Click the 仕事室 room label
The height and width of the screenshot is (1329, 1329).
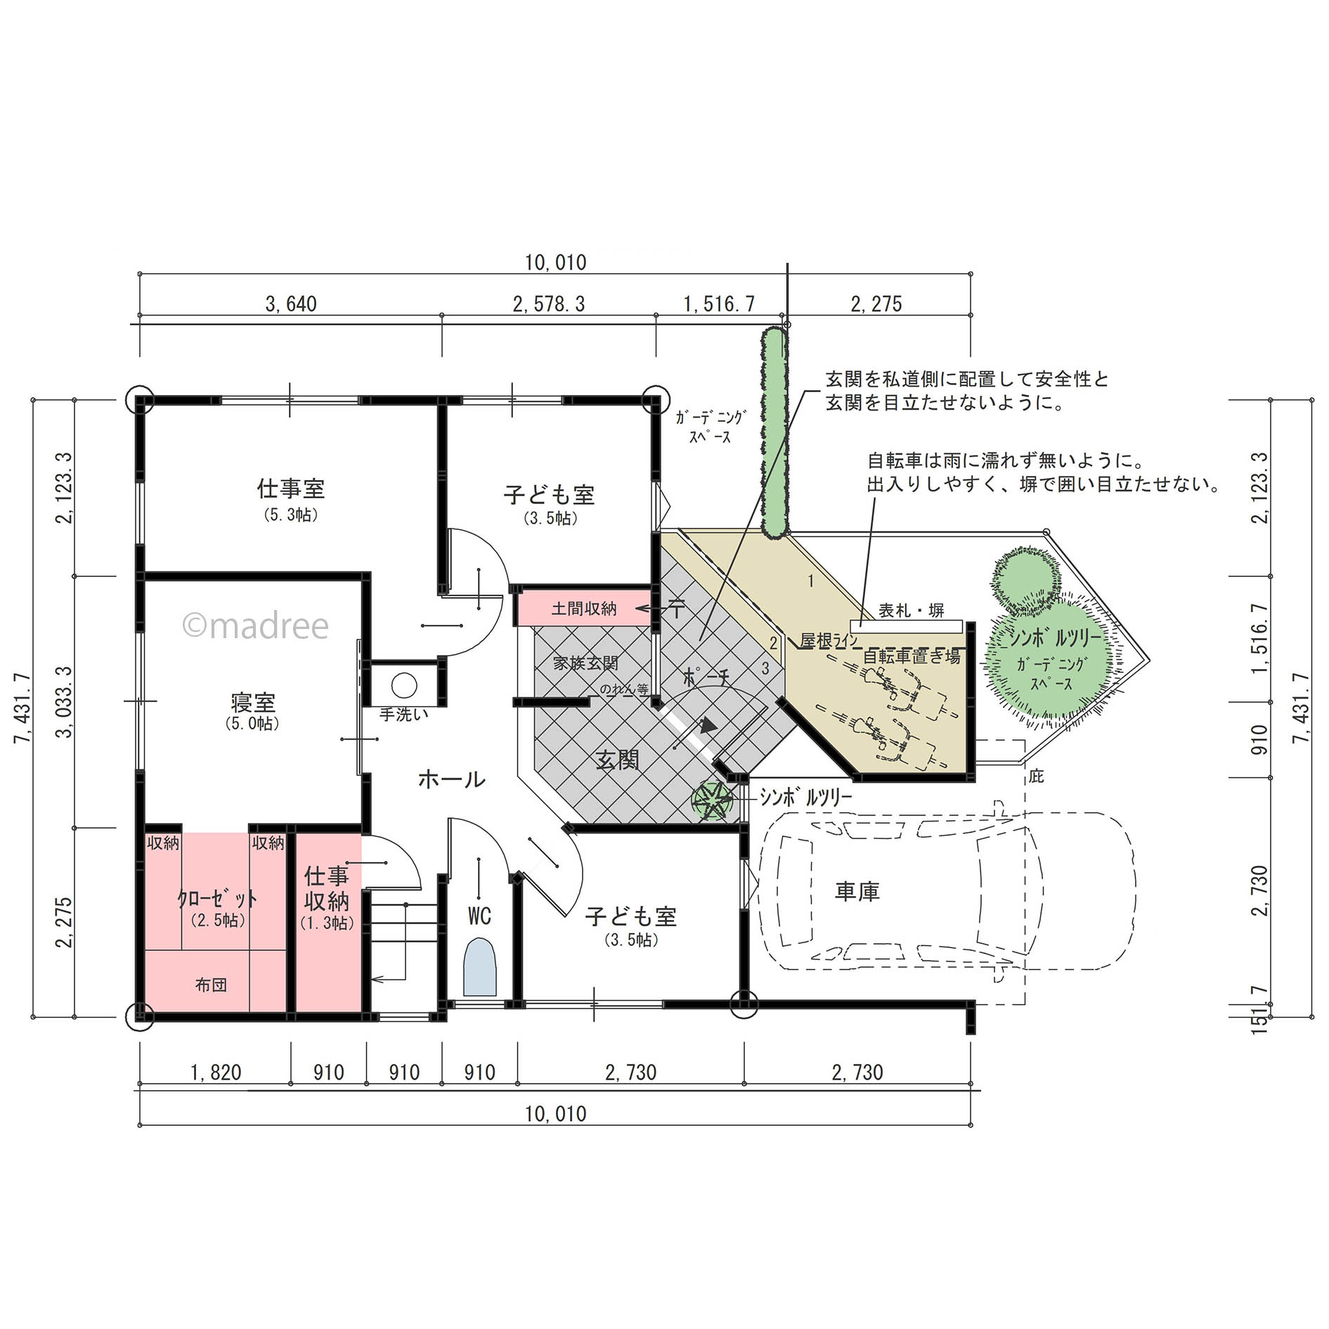[x=291, y=488]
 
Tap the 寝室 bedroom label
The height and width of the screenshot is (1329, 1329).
[x=253, y=702]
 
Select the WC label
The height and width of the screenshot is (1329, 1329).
[x=479, y=916]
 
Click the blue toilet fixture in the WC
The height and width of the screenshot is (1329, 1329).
[x=480, y=968]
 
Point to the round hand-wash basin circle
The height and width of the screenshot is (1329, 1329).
[x=404, y=685]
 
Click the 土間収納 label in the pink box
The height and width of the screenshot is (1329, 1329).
[x=583, y=609]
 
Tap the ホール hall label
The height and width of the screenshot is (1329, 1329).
[x=451, y=779]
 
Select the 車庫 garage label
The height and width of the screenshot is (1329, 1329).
[x=857, y=892]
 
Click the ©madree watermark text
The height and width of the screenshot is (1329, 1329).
[x=255, y=625]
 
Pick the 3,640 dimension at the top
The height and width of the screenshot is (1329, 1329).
[x=291, y=304]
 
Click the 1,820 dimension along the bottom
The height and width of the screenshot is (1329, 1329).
[x=216, y=1072]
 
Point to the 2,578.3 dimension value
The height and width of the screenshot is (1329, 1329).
[x=549, y=304]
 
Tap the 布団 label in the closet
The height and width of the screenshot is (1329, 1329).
[x=211, y=985]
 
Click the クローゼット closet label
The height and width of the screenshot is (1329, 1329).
[x=218, y=898]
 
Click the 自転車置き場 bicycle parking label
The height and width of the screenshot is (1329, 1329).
[x=912, y=656]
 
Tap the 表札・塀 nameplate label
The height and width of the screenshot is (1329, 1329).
[x=912, y=611]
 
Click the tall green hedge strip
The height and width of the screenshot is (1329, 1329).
[x=774, y=433]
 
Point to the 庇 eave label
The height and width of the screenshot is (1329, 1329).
[x=1036, y=776]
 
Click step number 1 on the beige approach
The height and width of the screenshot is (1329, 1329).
[x=811, y=581]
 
